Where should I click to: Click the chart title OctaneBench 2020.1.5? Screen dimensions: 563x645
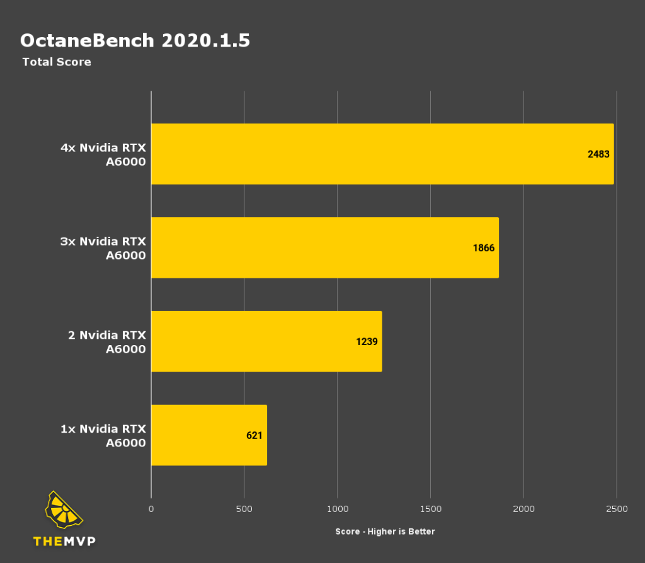click(135, 40)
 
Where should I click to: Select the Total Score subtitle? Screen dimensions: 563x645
click(57, 62)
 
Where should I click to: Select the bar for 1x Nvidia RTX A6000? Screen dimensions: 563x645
click(208, 435)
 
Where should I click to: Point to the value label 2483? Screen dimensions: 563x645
click(598, 154)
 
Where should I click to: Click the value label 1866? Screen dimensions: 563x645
click(484, 247)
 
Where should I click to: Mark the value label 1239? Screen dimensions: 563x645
click(367, 341)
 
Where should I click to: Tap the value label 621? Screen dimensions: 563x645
click(254, 435)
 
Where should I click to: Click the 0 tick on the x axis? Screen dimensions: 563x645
click(151, 509)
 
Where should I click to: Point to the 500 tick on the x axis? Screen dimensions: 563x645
click(244, 509)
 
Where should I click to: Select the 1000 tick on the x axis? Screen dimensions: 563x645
click(338, 509)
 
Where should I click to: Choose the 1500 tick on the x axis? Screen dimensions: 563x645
click(431, 509)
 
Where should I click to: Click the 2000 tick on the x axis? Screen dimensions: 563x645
click(524, 509)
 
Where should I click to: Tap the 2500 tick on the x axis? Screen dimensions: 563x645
click(617, 509)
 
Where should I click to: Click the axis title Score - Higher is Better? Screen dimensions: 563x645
click(385, 532)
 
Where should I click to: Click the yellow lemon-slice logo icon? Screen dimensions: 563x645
click(64, 511)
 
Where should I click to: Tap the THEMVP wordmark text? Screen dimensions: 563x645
click(64, 541)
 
